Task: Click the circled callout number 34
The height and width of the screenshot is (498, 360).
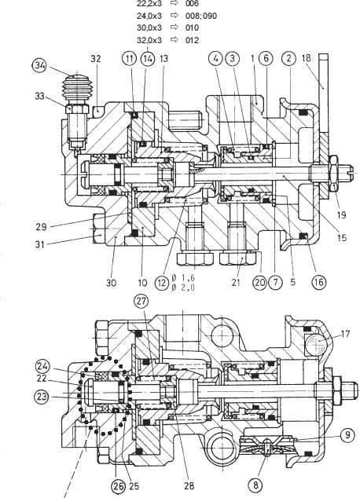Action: (41, 66)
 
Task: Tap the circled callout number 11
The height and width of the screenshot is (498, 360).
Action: (129, 59)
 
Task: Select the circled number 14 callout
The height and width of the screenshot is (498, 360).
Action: (147, 59)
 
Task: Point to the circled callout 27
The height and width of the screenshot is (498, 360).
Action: (141, 301)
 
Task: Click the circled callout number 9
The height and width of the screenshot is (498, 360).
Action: (348, 435)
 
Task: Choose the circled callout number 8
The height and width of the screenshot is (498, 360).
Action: (256, 485)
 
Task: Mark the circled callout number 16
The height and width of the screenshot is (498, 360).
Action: (319, 282)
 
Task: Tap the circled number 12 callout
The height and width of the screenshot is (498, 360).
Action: (162, 282)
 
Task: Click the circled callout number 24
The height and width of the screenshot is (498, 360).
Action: (42, 366)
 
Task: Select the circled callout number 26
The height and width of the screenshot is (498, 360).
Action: (118, 486)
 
